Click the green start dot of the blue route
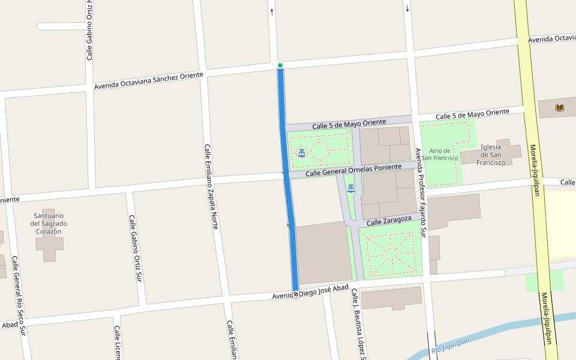[x=280, y=65]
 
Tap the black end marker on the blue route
[x=295, y=294]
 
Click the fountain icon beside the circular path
[x=302, y=152]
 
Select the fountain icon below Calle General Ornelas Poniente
[x=350, y=188]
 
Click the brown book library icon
[x=560, y=108]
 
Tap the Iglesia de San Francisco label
[x=491, y=155]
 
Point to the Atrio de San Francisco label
[x=439, y=154]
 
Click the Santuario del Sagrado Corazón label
[x=49, y=223]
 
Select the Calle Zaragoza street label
[x=389, y=222]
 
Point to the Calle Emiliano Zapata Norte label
[x=211, y=187]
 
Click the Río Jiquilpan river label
[x=450, y=346]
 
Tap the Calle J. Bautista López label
[x=358, y=324]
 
